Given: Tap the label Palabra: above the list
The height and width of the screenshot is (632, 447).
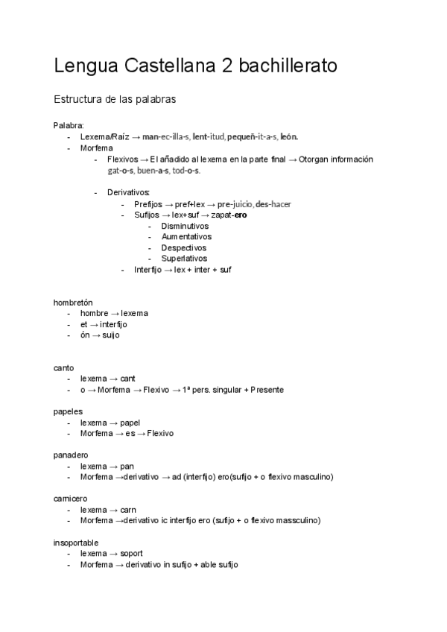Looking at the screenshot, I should [69, 125].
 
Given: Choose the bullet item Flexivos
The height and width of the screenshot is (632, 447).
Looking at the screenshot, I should [123, 159].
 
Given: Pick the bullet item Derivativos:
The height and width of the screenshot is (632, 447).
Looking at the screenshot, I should [128, 192].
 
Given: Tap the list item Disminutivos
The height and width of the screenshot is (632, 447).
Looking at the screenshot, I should [185, 226].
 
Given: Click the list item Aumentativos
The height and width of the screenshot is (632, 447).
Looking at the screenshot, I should [186, 237].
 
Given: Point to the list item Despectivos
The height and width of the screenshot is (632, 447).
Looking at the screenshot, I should [184, 247].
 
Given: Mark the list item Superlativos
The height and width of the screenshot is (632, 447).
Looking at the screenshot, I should [184, 259].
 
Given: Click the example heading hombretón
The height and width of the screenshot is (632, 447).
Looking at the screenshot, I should [73, 302].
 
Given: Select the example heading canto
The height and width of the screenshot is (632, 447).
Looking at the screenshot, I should [64, 367].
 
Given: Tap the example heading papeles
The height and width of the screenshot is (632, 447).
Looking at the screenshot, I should [68, 411].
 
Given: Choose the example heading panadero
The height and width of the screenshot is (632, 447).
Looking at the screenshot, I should [71, 455].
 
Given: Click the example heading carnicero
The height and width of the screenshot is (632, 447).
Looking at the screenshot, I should [71, 499].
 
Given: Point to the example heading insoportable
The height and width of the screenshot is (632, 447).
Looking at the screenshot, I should [76, 543].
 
